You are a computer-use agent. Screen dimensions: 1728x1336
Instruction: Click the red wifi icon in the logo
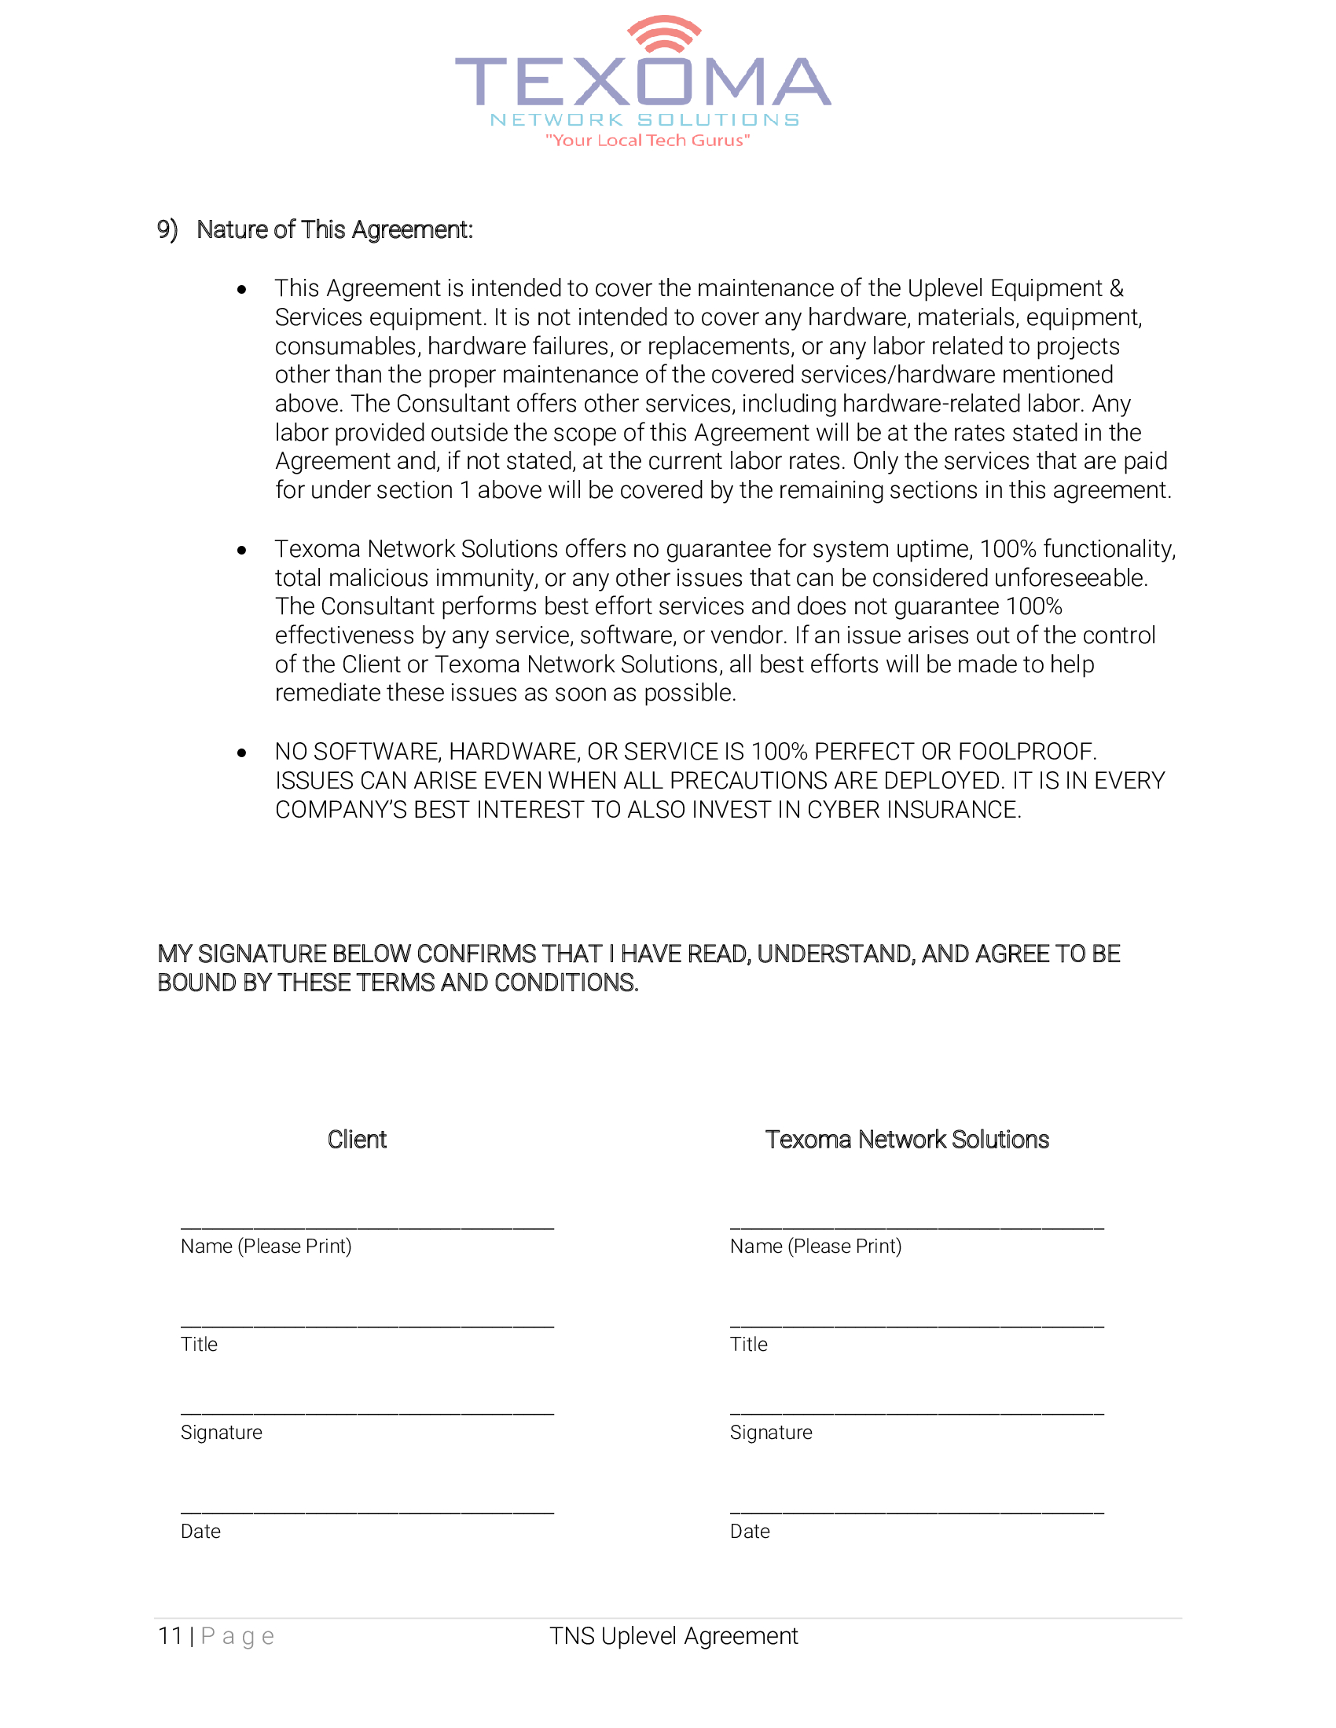point(664,33)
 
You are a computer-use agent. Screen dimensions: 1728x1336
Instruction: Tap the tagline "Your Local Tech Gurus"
point(648,141)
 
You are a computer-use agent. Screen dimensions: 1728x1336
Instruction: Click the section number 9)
point(167,229)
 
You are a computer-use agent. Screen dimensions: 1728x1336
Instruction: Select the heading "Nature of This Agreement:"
point(334,229)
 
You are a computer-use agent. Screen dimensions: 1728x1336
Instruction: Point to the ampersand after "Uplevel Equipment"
point(1116,288)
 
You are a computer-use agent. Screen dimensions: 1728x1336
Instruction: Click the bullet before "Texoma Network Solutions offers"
point(241,550)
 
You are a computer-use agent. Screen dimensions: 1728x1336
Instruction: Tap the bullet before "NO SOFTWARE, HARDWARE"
point(241,752)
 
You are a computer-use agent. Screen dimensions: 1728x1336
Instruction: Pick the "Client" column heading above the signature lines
point(357,1140)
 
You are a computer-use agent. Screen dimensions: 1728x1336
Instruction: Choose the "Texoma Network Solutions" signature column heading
point(907,1140)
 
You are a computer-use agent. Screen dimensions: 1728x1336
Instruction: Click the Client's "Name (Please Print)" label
point(266,1247)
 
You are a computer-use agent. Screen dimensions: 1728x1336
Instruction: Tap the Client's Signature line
point(367,1411)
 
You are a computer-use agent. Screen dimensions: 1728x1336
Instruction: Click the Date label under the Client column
point(200,1531)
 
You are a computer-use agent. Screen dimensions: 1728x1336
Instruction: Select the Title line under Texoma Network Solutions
point(916,1323)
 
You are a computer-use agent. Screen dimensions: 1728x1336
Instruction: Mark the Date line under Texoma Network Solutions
point(916,1510)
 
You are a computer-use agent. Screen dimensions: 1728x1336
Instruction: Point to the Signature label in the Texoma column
point(771,1432)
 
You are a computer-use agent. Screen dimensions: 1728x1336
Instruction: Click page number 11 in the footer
point(171,1635)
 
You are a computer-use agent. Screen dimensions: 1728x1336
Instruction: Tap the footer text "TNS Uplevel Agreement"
point(674,1635)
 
